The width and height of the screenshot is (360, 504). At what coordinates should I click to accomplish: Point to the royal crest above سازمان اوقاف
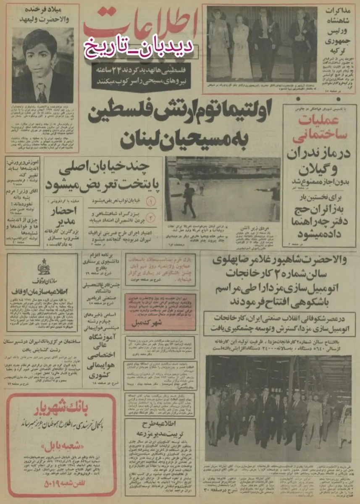pyautogui.click(x=42, y=269)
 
